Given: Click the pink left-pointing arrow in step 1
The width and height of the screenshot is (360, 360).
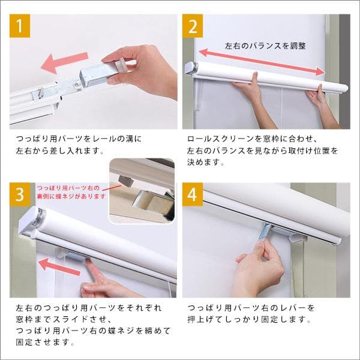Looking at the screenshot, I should [x=66, y=60].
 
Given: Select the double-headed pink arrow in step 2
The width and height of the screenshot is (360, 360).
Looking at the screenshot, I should [x=264, y=60].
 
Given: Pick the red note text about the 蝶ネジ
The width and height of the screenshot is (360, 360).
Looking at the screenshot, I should [x=71, y=191].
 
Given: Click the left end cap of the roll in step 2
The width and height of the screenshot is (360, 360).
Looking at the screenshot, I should [x=191, y=68].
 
